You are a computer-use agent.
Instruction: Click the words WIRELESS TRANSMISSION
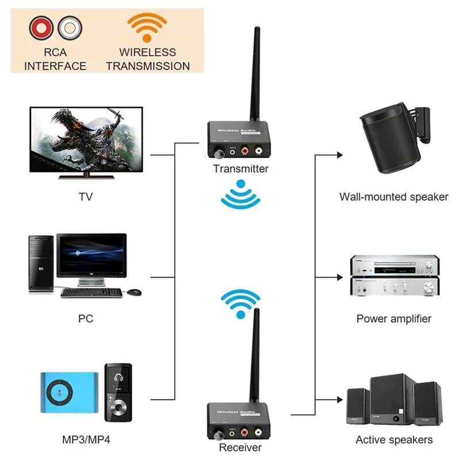[147, 59]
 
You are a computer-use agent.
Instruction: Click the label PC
[86, 318]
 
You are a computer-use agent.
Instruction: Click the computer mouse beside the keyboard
[133, 292]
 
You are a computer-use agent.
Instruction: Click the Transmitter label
[240, 168]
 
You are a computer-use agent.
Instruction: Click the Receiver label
[240, 447]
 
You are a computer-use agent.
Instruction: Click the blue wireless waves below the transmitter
[240, 195]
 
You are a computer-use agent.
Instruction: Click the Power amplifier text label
[393, 318]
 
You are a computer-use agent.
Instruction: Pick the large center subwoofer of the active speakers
[393, 401]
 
